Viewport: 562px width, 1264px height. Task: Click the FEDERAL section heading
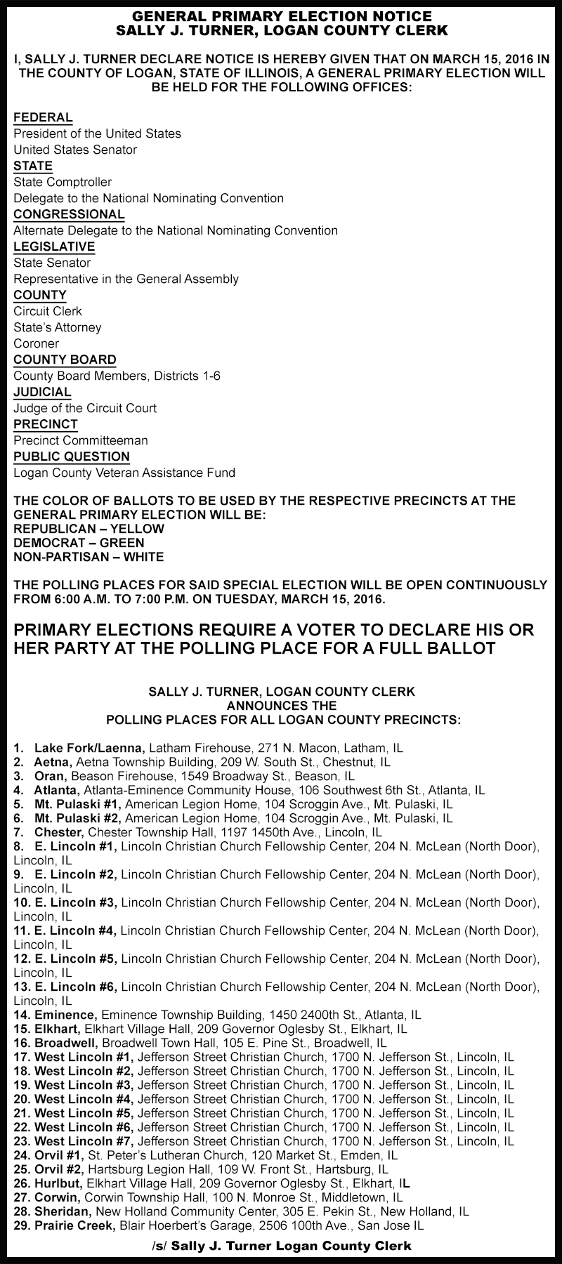pos(43,117)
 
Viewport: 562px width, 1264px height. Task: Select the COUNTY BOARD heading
pos(65,360)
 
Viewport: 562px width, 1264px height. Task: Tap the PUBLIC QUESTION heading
pos(72,456)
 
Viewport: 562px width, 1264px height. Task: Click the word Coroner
pos(36,343)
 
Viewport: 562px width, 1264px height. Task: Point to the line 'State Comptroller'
pos(63,182)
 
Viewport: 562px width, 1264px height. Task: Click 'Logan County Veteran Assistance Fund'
pos(124,473)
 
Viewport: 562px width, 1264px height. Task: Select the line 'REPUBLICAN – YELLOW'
pos(89,529)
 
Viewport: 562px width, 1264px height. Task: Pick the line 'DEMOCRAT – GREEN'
pos(79,543)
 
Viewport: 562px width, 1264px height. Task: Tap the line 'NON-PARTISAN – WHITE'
pos(89,557)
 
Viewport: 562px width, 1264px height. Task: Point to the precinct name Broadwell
pos(67,1043)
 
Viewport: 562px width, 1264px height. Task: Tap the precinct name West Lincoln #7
pos(84,1141)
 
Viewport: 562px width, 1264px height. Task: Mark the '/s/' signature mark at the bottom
pos(159,1246)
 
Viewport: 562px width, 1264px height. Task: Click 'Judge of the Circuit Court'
pos(85,408)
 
